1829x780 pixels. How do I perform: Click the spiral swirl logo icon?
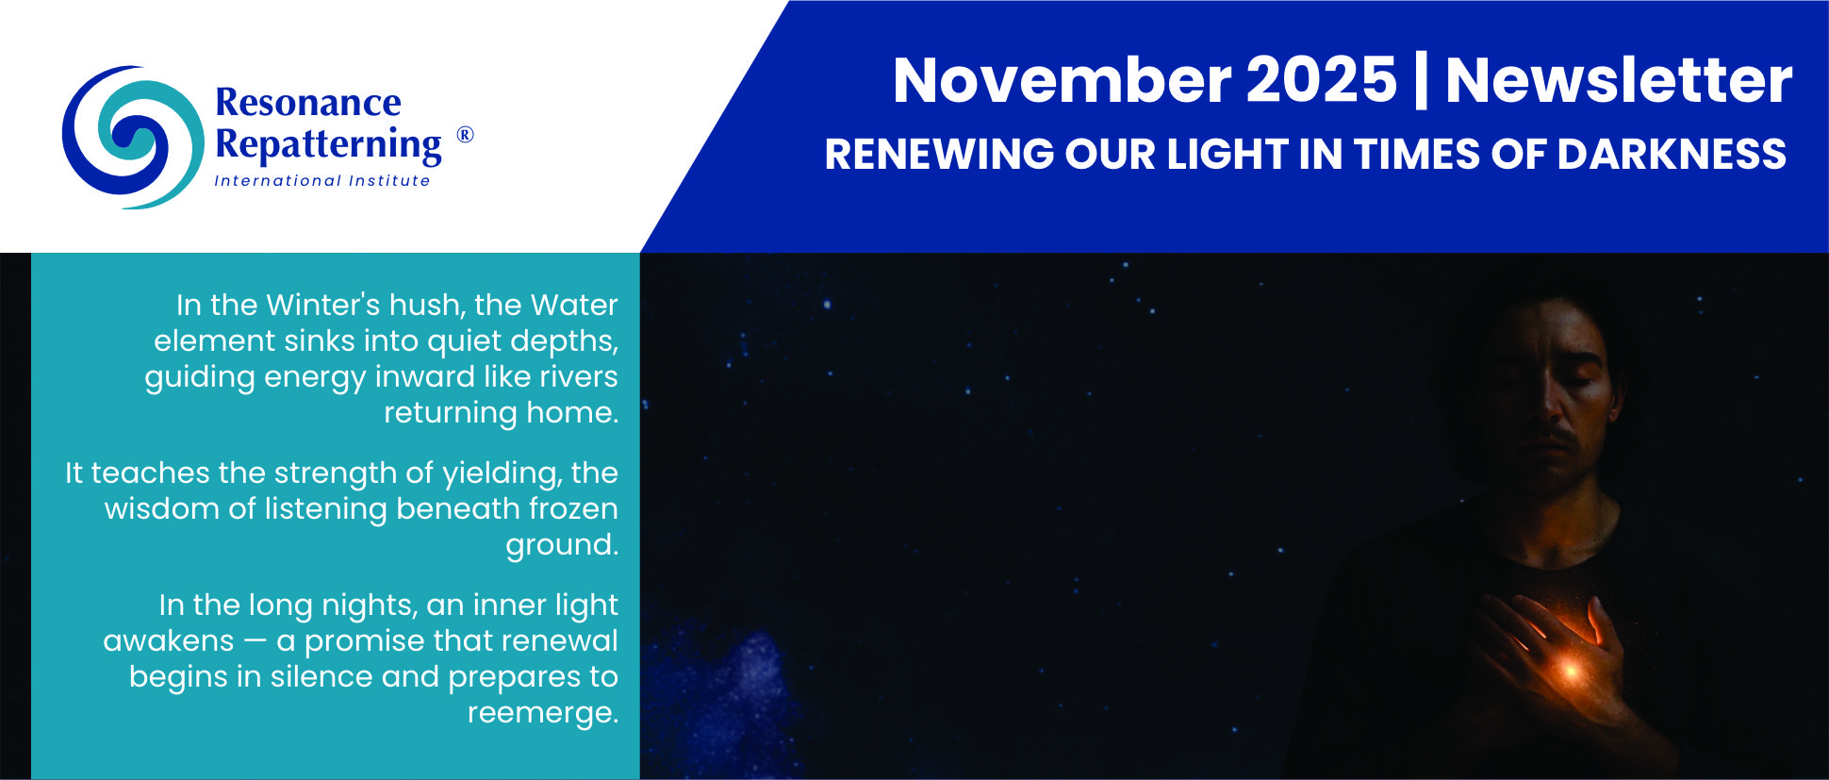(132, 137)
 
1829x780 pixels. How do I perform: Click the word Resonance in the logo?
(308, 102)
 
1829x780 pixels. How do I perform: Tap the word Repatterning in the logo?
(328, 144)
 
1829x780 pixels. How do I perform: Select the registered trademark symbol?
(465, 135)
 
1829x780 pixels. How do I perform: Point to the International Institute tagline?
(322, 180)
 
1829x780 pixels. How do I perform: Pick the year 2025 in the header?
(1322, 80)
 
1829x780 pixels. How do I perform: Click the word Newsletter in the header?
(1619, 80)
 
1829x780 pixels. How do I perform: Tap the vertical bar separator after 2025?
(1421, 81)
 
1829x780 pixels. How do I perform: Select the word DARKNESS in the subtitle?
(1672, 155)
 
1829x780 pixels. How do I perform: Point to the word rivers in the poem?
(579, 376)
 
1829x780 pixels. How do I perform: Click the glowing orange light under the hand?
(1570, 671)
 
